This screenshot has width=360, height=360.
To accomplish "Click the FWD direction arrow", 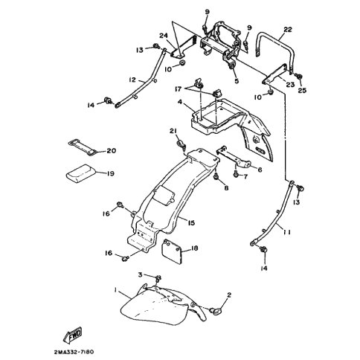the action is tap(73, 334).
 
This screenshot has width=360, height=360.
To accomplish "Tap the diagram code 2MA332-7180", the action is tap(74, 352).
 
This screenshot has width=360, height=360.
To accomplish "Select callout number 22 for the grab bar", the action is tap(288, 30).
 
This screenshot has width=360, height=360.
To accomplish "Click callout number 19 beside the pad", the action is tap(110, 173).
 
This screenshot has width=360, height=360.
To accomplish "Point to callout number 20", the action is tap(112, 150).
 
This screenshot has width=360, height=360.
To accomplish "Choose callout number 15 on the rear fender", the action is tap(191, 223).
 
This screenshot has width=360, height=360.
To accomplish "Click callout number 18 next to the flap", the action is tap(195, 248).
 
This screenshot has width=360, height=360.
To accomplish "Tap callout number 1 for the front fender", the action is tap(115, 289).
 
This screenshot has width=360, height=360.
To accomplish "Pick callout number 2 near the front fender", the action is tap(229, 295).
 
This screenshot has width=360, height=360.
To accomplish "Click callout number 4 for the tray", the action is tap(180, 102).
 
